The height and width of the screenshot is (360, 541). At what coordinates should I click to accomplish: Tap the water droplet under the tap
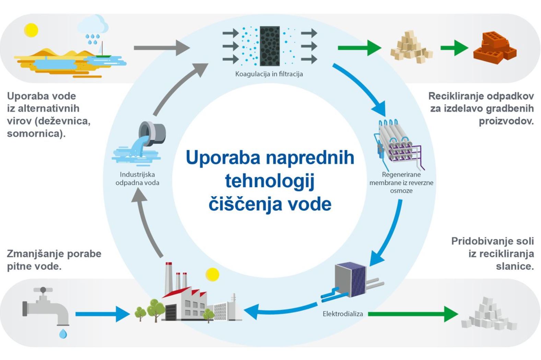coord(63,333)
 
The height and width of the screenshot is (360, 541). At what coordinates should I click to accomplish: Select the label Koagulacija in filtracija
coord(269,74)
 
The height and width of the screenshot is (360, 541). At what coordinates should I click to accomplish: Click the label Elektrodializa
coord(342,314)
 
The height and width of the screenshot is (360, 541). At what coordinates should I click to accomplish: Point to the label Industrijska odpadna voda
coord(137,179)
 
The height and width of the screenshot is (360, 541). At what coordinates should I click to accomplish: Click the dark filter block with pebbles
coord(270,46)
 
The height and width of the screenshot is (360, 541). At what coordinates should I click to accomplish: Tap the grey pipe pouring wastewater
coord(153,134)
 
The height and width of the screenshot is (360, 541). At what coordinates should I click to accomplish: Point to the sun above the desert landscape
coord(31,30)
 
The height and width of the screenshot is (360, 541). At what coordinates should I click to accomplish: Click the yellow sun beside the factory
coord(212,275)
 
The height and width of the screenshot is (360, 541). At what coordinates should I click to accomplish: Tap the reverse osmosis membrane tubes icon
coord(398,144)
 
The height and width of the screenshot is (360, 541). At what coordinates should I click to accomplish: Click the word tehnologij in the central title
coord(270,181)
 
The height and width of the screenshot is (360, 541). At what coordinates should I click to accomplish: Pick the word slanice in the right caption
coord(515,266)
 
